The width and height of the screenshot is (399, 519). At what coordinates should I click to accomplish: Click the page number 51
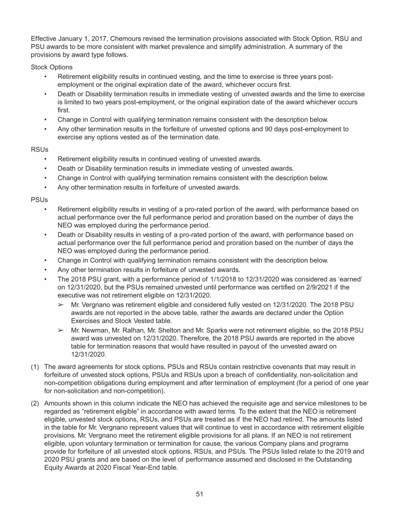tap(199, 494)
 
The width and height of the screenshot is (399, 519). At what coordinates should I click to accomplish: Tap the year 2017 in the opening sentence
tap(90, 39)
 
